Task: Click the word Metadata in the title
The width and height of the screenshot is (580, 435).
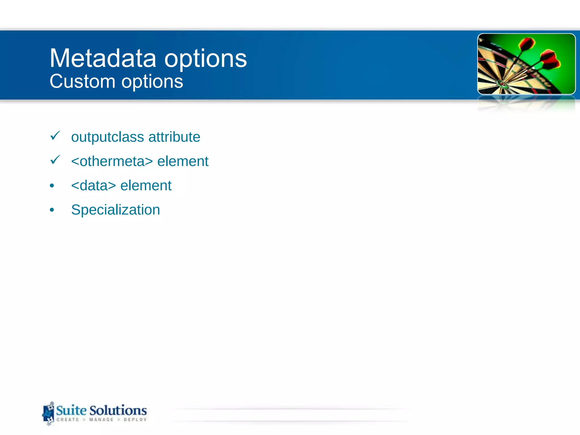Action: click(x=103, y=58)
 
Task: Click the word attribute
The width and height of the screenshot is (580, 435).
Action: click(x=174, y=137)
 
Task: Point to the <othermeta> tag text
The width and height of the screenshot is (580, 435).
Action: click(x=112, y=161)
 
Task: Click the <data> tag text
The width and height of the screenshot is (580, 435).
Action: click(x=93, y=186)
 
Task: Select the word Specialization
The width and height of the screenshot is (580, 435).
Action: click(x=116, y=210)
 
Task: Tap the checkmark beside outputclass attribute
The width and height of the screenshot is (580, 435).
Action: click(x=55, y=136)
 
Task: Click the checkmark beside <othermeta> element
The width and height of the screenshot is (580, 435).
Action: click(x=55, y=160)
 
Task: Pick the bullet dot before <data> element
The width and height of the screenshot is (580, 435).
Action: click(x=52, y=186)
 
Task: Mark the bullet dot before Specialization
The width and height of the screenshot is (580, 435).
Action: click(x=52, y=210)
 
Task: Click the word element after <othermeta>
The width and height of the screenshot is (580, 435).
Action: click(x=183, y=161)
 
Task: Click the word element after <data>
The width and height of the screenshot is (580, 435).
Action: click(x=146, y=186)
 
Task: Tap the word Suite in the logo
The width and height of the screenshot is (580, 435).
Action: click(x=71, y=410)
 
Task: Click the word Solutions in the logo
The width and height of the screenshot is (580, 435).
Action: click(x=118, y=410)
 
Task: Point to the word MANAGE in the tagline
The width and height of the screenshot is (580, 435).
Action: click(x=101, y=420)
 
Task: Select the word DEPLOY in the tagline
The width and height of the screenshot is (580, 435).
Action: click(x=135, y=420)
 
